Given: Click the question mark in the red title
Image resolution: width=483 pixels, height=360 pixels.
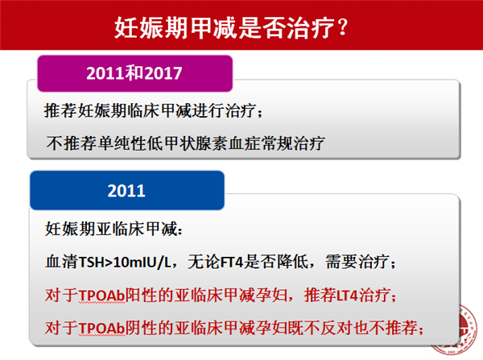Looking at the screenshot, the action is point(342,27).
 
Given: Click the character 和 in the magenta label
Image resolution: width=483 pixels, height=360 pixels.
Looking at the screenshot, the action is point(135,73).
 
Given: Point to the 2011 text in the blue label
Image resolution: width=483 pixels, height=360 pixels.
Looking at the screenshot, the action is point(126,191).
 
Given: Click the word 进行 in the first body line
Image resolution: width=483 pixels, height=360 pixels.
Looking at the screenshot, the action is point(208,110).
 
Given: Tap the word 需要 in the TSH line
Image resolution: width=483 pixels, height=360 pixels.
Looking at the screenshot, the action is point(341,262).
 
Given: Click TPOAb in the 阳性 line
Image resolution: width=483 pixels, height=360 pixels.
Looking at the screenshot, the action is point(101,296).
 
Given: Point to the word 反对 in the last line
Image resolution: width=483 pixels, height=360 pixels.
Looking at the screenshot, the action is point(336,328).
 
